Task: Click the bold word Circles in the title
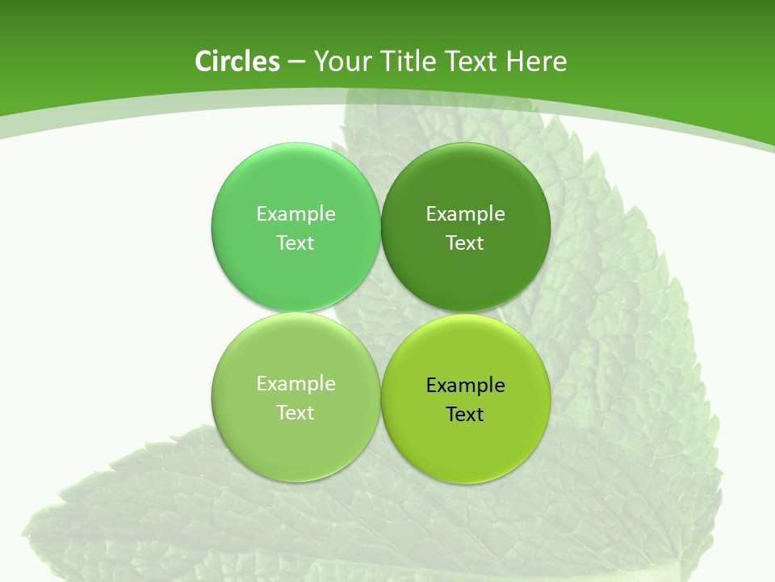[237, 61]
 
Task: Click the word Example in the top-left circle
[295, 213]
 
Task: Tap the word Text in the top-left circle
[295, 242]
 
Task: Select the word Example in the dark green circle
[465, 213]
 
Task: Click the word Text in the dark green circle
[465, 242]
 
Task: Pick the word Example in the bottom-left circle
[295, 383]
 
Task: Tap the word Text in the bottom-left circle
[295, 412]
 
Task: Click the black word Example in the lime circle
[465, 385]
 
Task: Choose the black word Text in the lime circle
[465, 414]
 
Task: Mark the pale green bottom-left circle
[295, 449]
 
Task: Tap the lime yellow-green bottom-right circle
[466, 449]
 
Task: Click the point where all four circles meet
[380, 312]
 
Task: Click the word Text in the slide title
[471, 61]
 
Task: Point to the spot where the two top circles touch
[380, 227]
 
